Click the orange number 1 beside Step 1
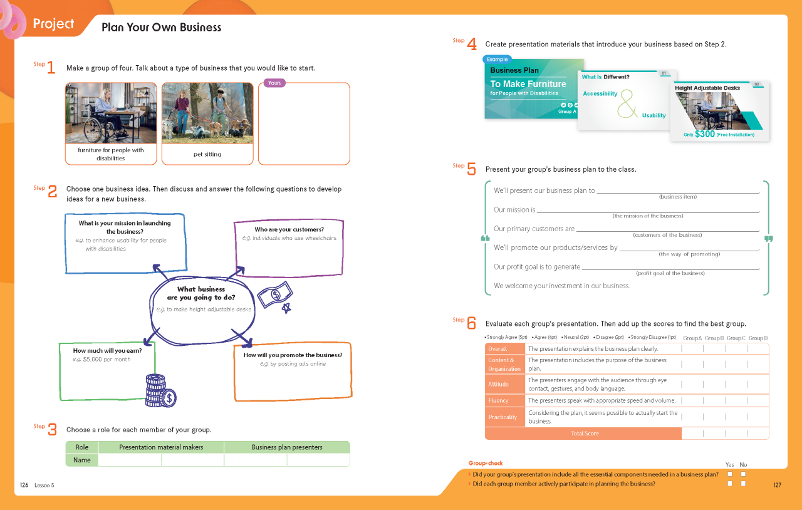pyautogui.click(x=51, y=67)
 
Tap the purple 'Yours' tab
pyautogui.click(x=274, y=83)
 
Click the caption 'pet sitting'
pyautogui.click(x=207, y=154)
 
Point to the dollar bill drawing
pyautogui.click(x=275, y=294)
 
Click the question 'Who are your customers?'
pyautogui.click(x=289, y=229)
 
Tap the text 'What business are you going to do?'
pyautogui.click(x=201, y=293)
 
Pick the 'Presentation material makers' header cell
pyautogui.click(x=161, y=447)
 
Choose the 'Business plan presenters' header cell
pyautogui.click(x=287, y=447)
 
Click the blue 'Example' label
pyautogui.click(x=497, y=59)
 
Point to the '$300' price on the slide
pyautogui.click(x=705, y=134)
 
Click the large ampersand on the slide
pyautogui.click(x=627, y=104)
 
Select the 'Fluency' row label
pyautogui.click(x=498, y=400)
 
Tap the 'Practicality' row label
pyautogui.click(x=503, y=417)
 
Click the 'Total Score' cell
pyautogui.click(x=585, y=434)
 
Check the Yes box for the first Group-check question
pyautogui.click(x=730, y=474)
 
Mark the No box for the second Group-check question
pyautogui.click(x=743, y=484)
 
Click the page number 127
pyautogui.click(x=777, y=485)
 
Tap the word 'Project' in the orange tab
pyautogui.click(x=53, y=24)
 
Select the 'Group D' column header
pyautogui.click(x=758, y=338)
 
